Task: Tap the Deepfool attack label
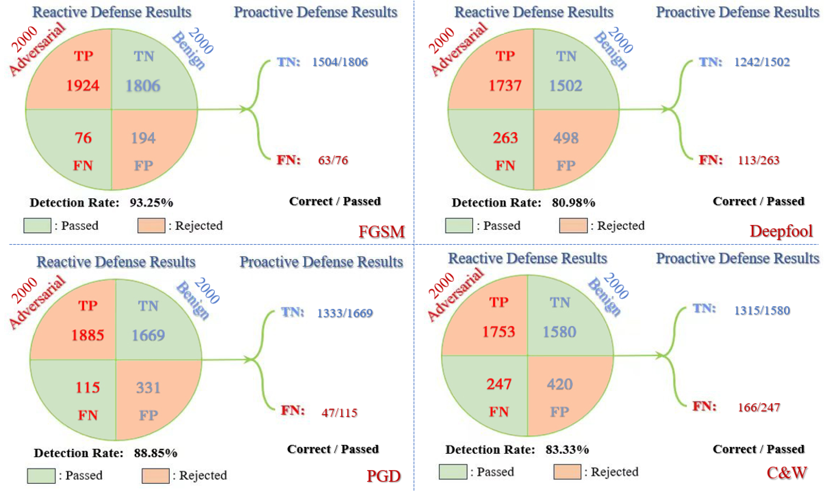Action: [781, 231]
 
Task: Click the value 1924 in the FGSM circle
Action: [83, 86]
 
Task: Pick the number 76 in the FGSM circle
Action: [83, 138]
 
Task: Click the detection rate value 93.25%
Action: [151, 203]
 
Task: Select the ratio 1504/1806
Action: [340, 62]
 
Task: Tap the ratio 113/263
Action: [758, 160]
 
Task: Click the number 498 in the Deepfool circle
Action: [566, 138]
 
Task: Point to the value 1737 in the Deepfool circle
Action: [505, 86]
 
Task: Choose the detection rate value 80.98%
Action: [573, 203]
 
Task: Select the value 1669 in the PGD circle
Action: [148, 335]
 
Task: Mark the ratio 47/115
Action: [339, 413]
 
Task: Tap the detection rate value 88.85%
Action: [155, 453]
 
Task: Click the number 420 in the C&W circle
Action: [560, 384]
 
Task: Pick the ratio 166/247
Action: [759, 407]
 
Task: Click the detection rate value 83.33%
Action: [567, 449]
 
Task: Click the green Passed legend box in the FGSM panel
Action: [37, 226]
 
